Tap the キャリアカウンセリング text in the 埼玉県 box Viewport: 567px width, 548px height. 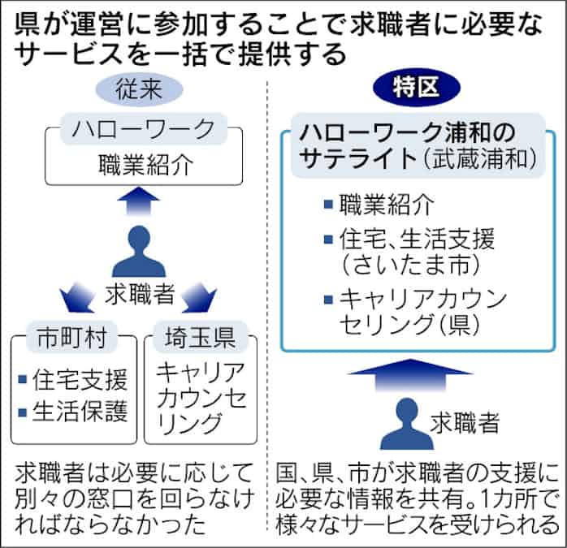coord(199,398)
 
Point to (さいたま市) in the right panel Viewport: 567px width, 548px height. coord(397,264)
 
